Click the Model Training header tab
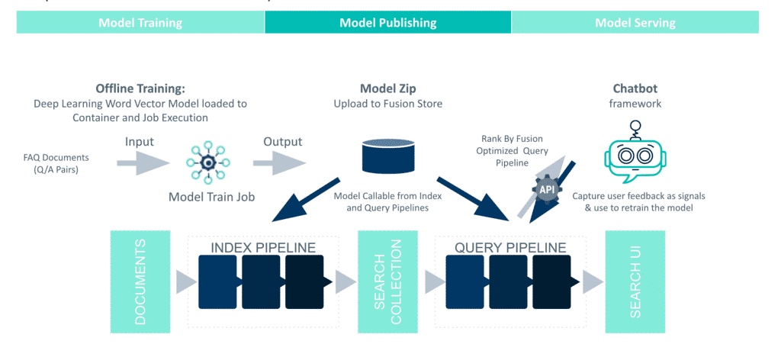(x=140, y=22)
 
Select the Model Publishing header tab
(x=387, y=22)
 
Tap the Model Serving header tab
(x=635, y=22)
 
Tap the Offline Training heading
(x=140, y=88)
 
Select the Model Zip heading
(x=387, y=88)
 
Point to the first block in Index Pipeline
(x=218, y=281)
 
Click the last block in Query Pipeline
(x=551, y=281)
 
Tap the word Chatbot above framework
(x=635, y=88)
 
